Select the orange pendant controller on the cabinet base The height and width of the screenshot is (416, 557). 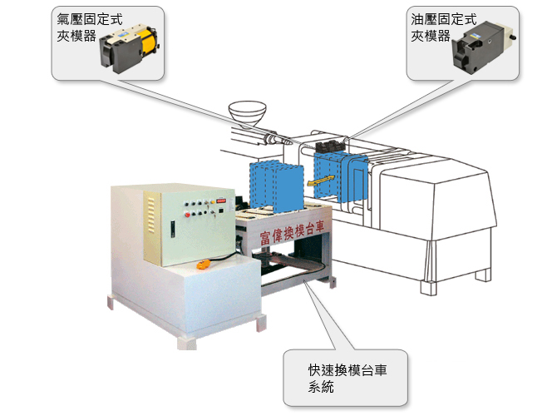point(205,265)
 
